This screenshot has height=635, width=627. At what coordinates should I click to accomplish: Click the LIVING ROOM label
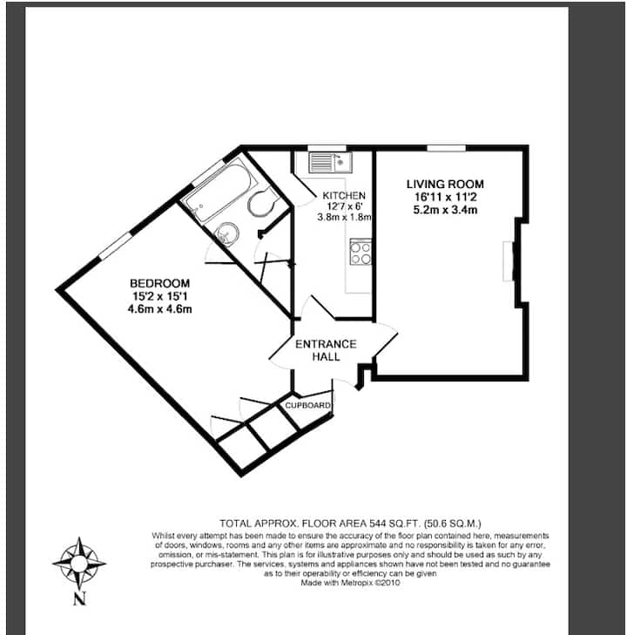[x=445, y=185]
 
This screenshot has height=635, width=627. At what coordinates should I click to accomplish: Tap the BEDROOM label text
[x=159, y=283]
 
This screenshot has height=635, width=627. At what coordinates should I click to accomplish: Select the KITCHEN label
[x=344, y=196]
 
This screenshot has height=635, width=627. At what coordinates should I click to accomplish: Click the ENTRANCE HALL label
[x=326, y=350]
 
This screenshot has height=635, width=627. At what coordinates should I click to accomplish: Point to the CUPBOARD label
[x=307, y=405]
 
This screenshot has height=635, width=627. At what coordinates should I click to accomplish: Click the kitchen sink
[x=330, y=163]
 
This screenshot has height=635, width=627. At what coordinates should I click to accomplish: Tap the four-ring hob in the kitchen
[x=361, y=252]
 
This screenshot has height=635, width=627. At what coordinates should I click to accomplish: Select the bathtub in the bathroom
[x=219, y=193]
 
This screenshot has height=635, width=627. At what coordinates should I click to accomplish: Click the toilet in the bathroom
[x=262, y=200]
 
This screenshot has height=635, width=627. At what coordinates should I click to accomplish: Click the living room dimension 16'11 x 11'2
[x=445, y=197]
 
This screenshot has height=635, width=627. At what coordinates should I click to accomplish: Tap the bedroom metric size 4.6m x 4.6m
[x=159, y=309]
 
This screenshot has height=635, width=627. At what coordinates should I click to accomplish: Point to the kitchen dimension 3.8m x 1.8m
[x=344, y=217]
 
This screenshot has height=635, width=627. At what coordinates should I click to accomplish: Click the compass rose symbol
[x=79, y=564]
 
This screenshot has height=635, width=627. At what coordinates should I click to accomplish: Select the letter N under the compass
[x=80, y=598]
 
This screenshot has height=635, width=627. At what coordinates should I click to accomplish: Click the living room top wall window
[x=447, y=148]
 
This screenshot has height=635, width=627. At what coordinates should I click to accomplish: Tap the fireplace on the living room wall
[x=509, y=261]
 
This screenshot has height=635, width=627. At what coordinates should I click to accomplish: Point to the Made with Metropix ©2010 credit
[x=350, y=583]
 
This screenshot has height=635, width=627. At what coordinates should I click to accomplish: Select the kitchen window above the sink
[x=327, y=148]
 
